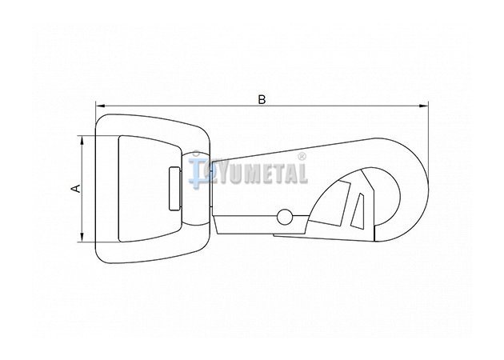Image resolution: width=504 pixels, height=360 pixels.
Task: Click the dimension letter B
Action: [262, 100]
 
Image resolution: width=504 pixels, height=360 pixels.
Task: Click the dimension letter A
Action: [77, 188]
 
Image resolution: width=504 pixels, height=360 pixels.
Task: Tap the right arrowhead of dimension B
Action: [424, 106]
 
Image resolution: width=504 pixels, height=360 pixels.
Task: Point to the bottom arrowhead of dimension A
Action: [82, 237]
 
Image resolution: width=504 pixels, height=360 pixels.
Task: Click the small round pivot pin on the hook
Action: [285, 217]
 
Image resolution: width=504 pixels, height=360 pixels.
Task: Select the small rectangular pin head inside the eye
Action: [175, 189]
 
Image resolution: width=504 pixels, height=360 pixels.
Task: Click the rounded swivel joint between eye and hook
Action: [196, 189]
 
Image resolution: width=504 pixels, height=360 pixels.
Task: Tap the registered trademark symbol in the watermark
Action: [302, 157]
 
